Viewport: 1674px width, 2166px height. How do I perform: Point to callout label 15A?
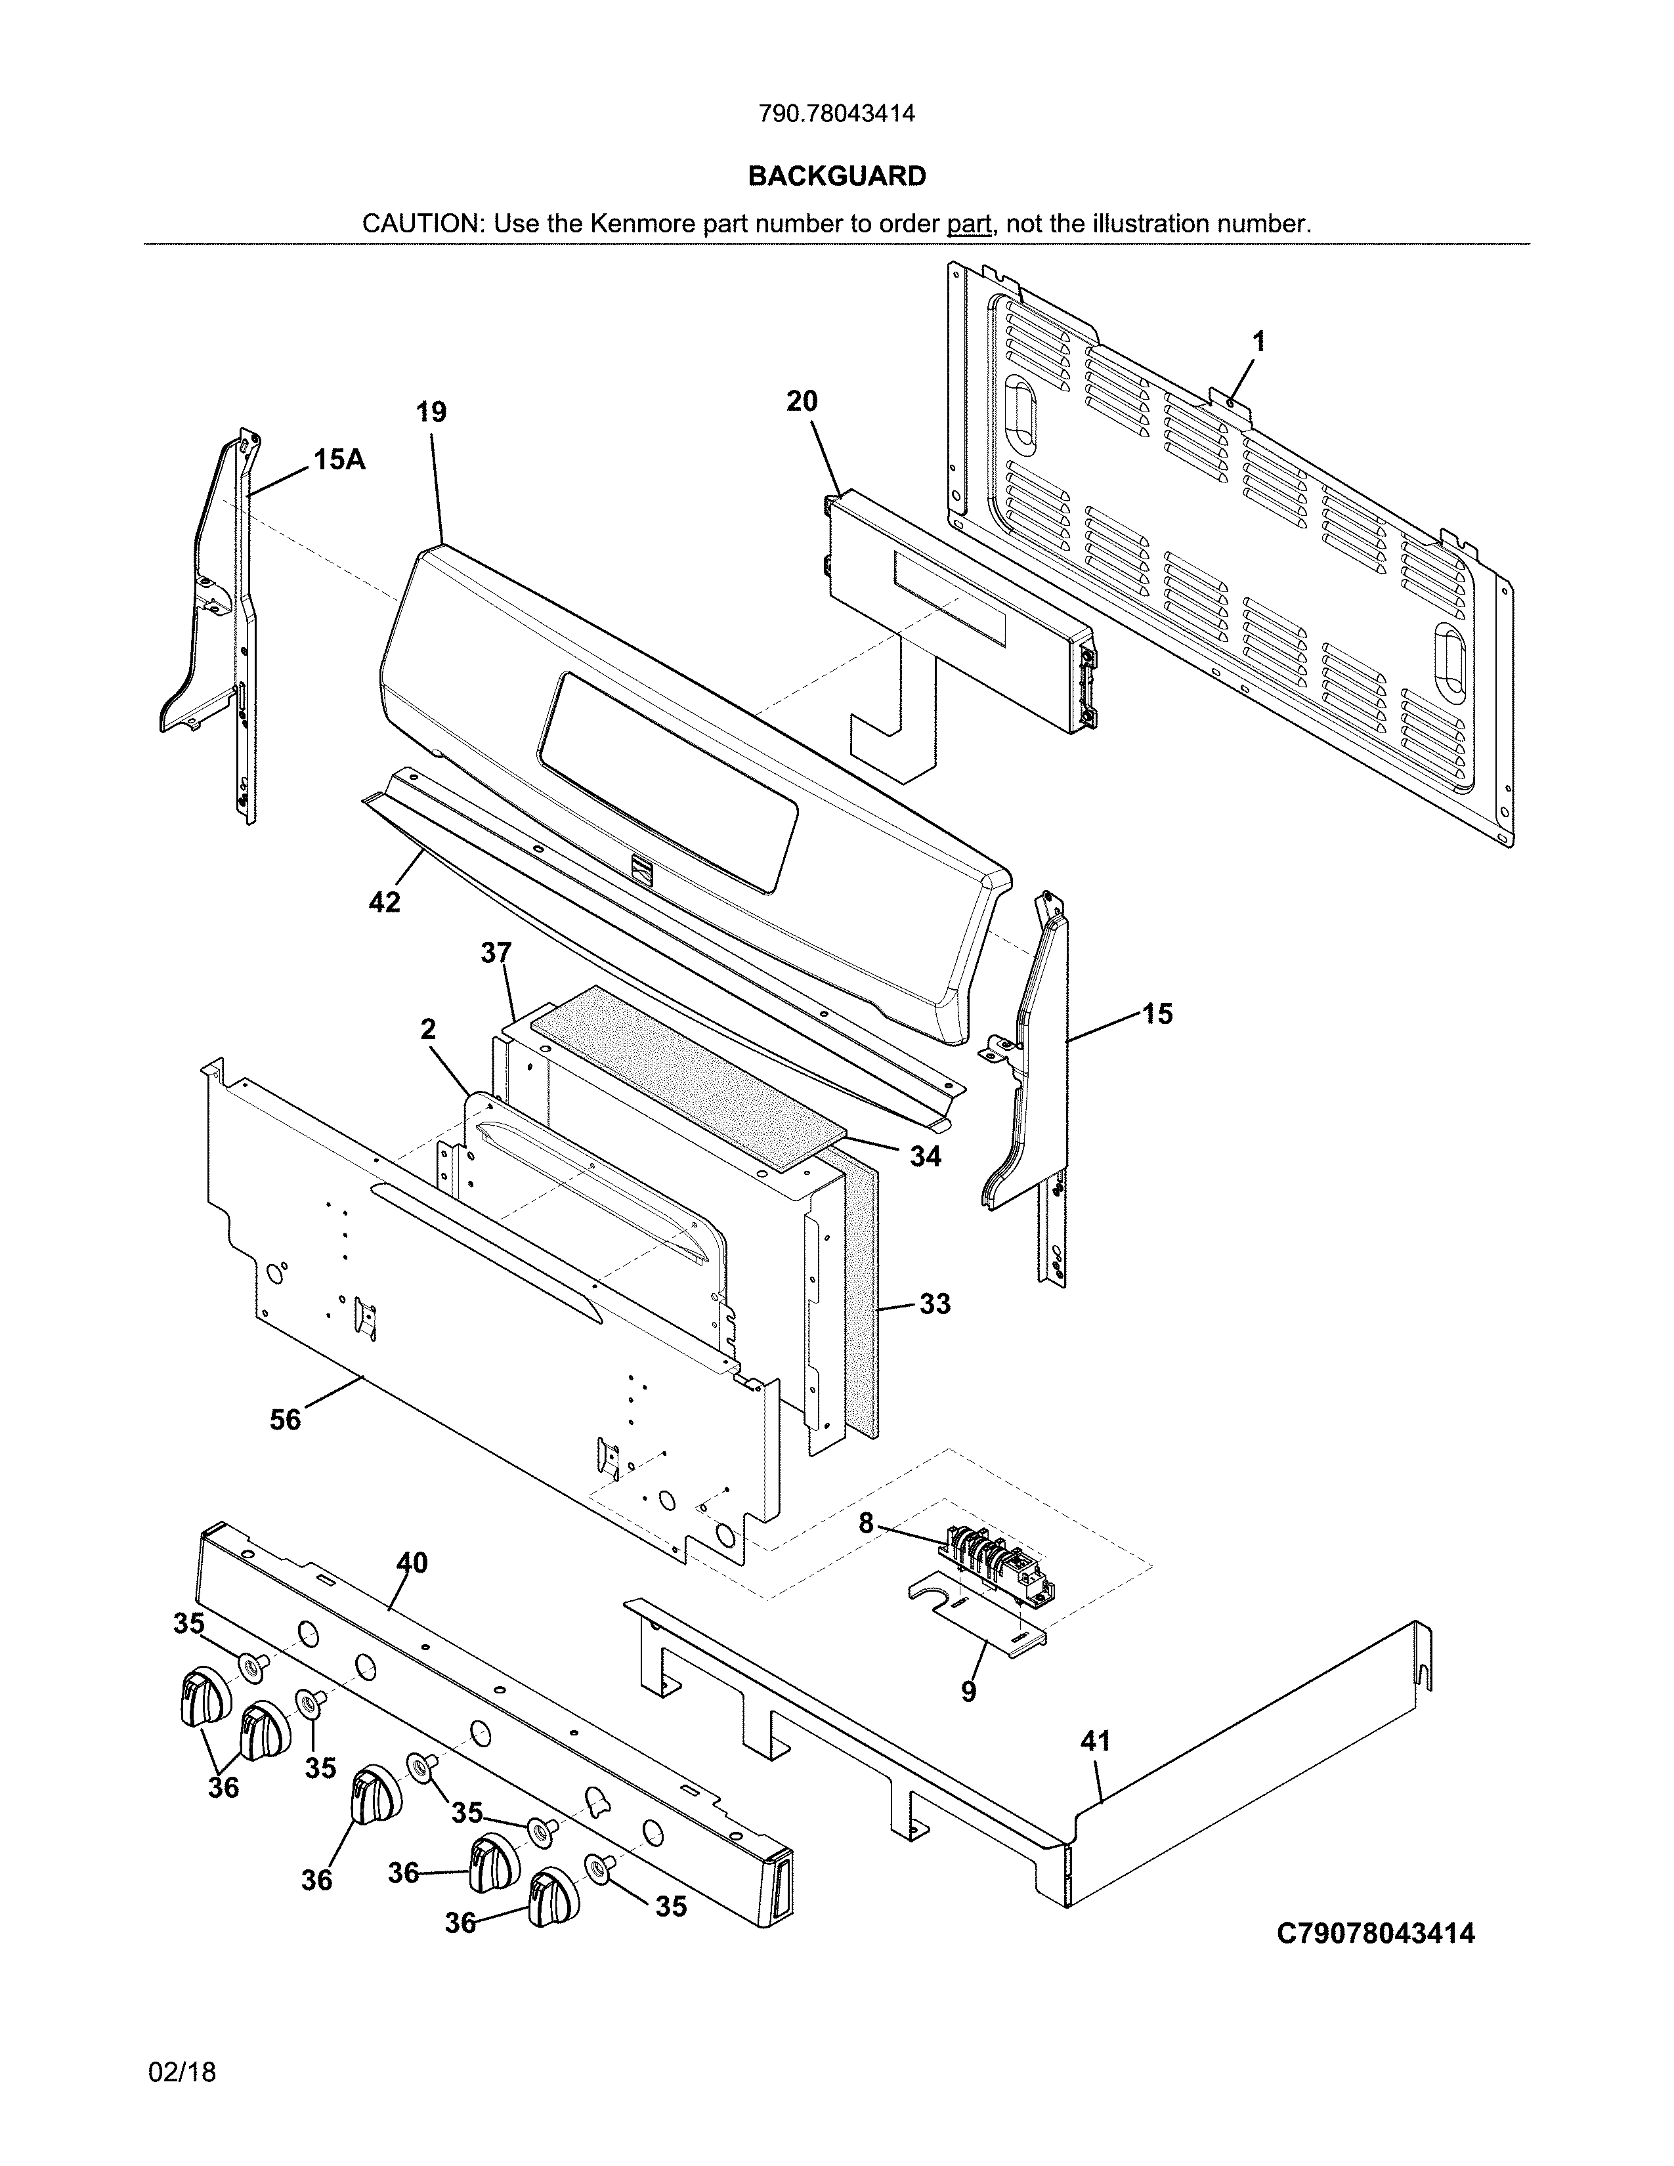coord(339,459)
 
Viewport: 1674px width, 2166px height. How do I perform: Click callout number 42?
coord(385,901)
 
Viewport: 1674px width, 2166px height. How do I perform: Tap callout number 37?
coord(496,953)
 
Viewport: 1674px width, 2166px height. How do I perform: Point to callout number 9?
coord(968,1691)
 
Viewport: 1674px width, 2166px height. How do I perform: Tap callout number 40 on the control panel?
coord(412,1562)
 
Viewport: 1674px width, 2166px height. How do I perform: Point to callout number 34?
coord(925,1155)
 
